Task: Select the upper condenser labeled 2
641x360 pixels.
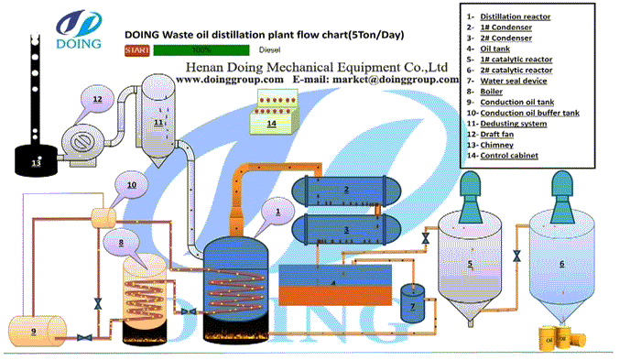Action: pos(345,190)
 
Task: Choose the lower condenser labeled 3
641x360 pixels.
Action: pos(345,224)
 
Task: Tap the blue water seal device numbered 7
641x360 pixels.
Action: pos(411,302)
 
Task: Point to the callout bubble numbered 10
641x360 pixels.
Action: pos(131,185)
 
